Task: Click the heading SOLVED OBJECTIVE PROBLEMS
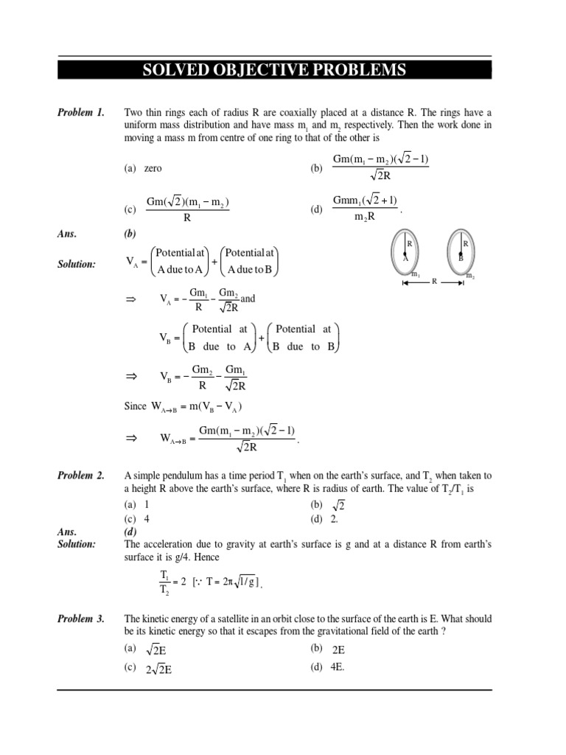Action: coord(274,70)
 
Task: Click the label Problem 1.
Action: coord(80,113)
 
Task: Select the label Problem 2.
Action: coord(80,476)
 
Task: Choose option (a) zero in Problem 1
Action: coord(144,168)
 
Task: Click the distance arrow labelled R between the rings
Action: coord(435,281)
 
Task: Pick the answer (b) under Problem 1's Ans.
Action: coord(130,234)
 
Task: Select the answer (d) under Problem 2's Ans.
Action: coord(130,531)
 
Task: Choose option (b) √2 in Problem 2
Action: coord(328,505)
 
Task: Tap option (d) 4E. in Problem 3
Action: coord(328,667)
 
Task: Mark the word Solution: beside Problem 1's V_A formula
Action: coord(77,264)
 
